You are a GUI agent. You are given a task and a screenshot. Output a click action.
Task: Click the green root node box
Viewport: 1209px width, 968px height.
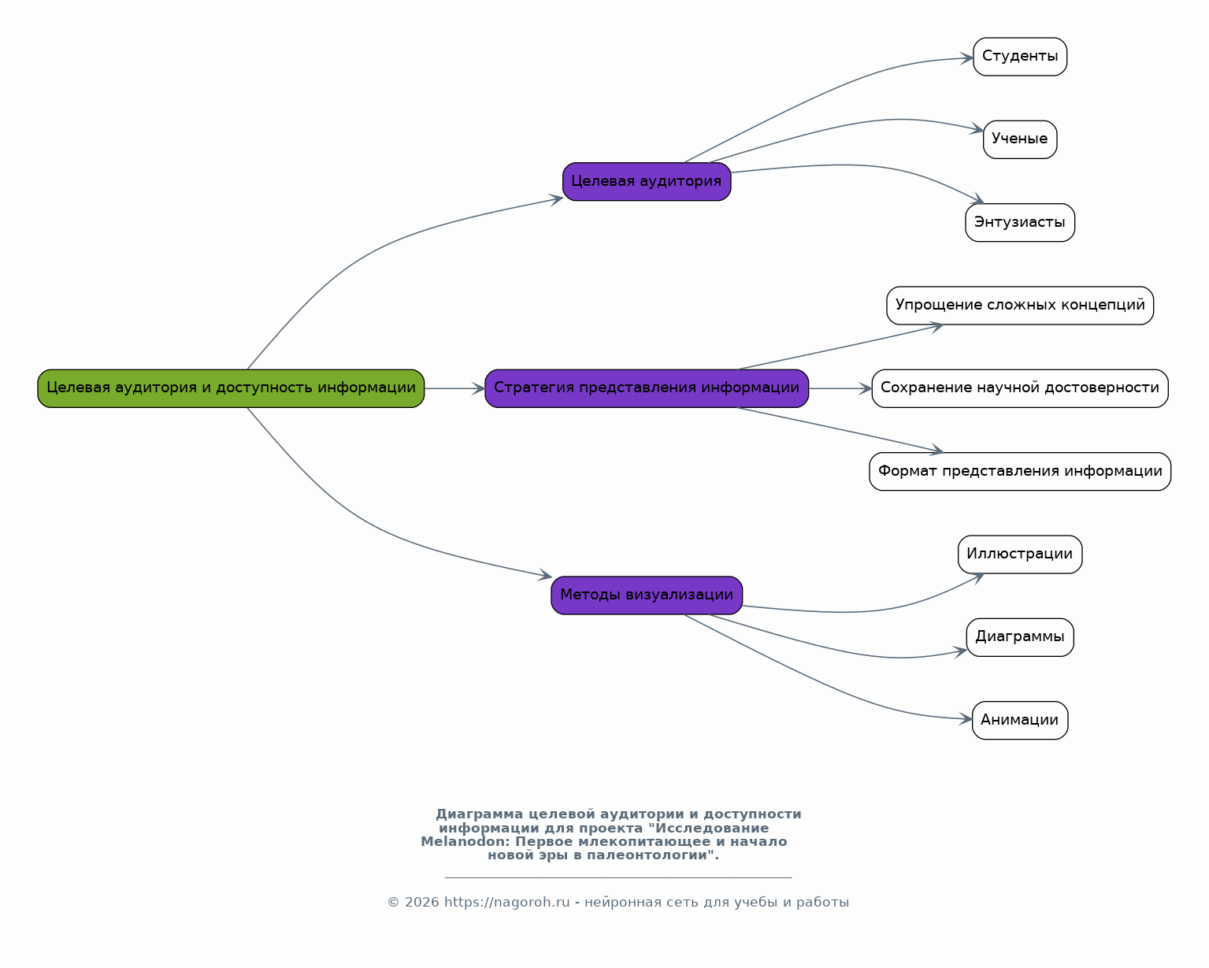[231, 388]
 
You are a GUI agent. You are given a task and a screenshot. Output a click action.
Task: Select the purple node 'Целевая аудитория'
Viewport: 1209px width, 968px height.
[647, 181]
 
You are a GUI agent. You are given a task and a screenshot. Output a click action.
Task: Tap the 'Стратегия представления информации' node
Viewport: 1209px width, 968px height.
[647, 388]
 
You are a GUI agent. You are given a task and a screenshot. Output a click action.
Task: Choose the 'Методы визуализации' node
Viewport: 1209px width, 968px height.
[647, 595]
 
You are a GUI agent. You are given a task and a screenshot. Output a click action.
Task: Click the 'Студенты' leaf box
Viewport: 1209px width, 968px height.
[1020, 57]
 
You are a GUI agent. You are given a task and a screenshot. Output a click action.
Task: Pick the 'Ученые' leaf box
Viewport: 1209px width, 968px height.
[1020, 139]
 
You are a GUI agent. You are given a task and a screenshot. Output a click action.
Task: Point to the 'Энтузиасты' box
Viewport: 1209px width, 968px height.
[1020, 222]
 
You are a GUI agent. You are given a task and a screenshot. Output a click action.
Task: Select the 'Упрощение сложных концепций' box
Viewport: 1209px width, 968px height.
[1020, 306]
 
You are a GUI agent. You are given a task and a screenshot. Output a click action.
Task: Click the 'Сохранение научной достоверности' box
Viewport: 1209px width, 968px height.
[1020, 388]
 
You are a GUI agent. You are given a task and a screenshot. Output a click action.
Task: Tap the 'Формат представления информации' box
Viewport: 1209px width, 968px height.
[1020, 471]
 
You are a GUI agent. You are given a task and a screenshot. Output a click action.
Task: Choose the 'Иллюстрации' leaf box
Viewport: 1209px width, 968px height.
[1020, 554]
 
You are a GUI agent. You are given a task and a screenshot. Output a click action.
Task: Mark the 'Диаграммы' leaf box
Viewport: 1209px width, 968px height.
[1020, 637]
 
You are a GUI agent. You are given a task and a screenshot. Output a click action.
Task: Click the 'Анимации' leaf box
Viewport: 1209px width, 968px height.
[1020, 720]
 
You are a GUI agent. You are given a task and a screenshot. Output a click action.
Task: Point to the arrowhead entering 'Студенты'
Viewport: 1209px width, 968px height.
[967, 58]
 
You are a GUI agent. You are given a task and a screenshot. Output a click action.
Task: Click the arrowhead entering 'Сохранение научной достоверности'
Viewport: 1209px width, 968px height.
[865, 388]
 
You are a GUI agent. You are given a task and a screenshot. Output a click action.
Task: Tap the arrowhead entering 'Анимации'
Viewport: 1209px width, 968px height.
[966, 718]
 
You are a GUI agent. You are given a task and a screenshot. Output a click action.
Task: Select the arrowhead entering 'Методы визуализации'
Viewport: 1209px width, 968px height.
[545, 575]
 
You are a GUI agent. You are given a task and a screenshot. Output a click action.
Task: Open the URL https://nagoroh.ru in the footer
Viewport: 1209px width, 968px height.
[506, 903]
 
